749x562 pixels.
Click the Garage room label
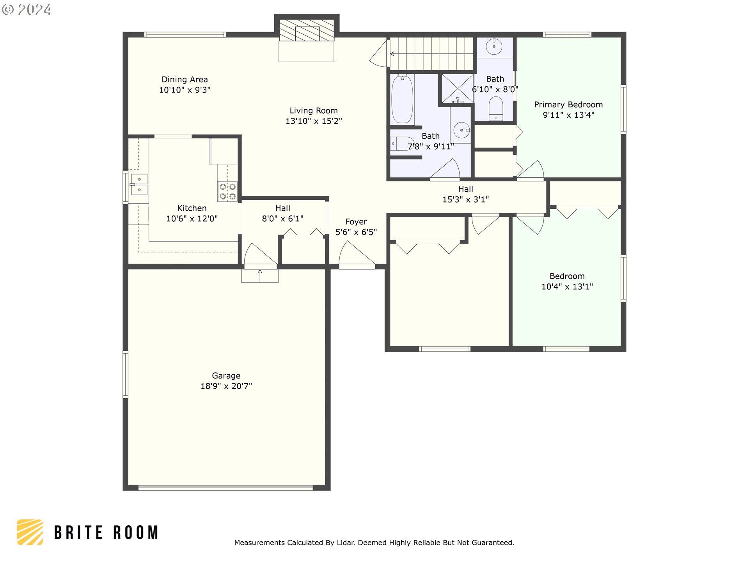click(x=226, y=375)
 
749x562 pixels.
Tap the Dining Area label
click(x=185, y=80)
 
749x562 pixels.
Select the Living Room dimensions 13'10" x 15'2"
click(x=314, y=121)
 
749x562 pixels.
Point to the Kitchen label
click(x=192, y=208)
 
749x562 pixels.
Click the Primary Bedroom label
click(x=568, y=105)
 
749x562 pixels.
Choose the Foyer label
click(x=356, y=222)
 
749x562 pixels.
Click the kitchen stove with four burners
click(x=227, y=191)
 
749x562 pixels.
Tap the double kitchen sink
click(x=139, y=185)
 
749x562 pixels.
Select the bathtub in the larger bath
click(x=402, y=99)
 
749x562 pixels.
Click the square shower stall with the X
click(x=457, y=89)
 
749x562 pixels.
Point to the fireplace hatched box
click(x=307, y=30)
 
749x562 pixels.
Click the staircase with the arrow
click(x=431, y=54)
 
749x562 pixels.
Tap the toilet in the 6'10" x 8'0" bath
click(x=496, y=108)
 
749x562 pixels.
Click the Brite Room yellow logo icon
click(x=30, y=532)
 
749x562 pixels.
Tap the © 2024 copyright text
click(x=27, y=10)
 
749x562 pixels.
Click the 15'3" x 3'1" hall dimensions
click(x=465, y=199)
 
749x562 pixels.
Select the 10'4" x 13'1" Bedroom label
click(x=567, y=276)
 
